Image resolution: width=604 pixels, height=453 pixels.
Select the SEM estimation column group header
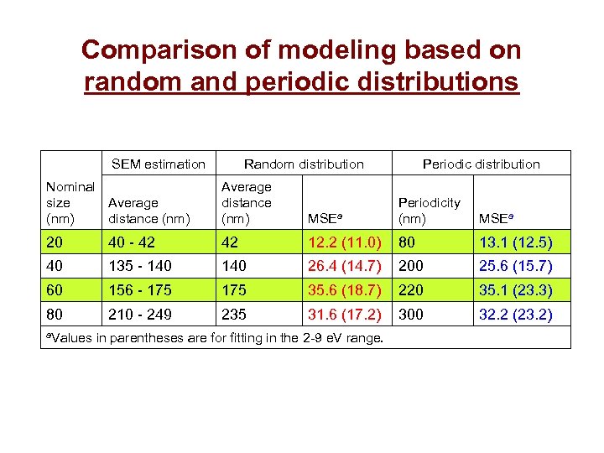pos(159,164)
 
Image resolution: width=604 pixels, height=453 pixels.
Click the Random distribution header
pos(304,164)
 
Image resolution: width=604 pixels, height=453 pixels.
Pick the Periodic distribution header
pos(481,164)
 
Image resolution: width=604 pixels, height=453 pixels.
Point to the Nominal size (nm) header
pos(70,203)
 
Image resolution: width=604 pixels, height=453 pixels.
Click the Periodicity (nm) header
pos(429,211)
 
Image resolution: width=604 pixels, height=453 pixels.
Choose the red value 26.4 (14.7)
pos(345,267)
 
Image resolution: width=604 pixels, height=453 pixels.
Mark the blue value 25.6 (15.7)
pos(515,267)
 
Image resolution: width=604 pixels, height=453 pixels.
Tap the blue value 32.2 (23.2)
pos(515,315)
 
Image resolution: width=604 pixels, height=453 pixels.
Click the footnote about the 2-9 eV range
pos(214,338)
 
